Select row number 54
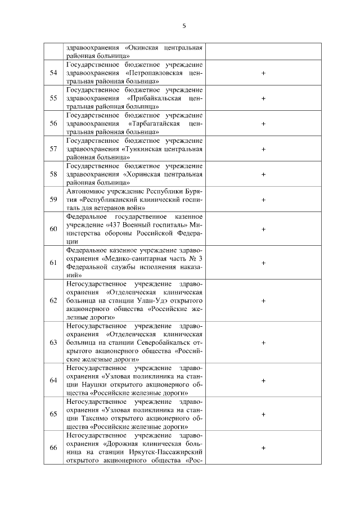[x=54, y=73]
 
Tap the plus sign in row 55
[x=263, y=98]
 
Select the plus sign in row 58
[x=263, y=174]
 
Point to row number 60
[x=54, y=229]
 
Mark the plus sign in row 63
[x=263, y=342]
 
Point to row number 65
[x=54, y=414]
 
